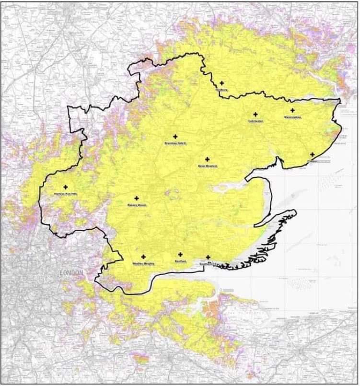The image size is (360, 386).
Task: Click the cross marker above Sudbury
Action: click(x=221, y=83)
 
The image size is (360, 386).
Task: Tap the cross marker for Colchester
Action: click(x=255, y=115)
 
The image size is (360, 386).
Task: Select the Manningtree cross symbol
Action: click(x=292, y=110)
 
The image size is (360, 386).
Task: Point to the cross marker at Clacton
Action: click(x=312, y=154)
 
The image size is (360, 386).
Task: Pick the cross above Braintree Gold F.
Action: click(x=175, y=137)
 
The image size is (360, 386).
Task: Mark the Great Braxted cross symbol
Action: click(x=208, y=159)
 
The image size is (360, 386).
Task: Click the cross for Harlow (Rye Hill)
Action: click(x=66, y=187)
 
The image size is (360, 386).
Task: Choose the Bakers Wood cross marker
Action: click(x=137, y=198)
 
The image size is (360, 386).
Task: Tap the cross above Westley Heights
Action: click(x=143, y=257)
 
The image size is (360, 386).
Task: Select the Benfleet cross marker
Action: click(x=180, y=255)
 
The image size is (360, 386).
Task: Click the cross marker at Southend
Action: click(x=208, y=257)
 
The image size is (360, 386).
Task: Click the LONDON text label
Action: click(x=71, y=272)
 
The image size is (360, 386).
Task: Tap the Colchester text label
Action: click(x=255, y=121)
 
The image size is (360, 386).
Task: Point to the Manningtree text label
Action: click(x=292, y=117)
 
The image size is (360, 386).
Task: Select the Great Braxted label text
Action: click(x=208, y=166)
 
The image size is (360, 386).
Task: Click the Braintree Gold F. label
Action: click(x=174, y=143)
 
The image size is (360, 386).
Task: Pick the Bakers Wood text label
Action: click(x=137, y=205)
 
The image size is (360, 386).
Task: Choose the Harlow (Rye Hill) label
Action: click(x=66, y=194)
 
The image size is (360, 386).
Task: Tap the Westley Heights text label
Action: click(x=143, y=263)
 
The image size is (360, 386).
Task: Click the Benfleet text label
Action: click(x=180, y=261)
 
